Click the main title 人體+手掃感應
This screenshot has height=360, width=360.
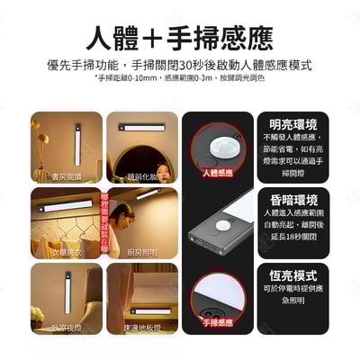[x=180, y=37]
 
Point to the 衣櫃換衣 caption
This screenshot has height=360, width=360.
[x=66, y=252]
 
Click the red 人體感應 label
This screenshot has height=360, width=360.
[x=216, y=171]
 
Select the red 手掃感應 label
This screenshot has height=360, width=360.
[x=216, y=321]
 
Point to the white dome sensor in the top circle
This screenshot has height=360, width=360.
[x=216, y=144]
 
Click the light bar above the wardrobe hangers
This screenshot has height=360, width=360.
[x=63, y=205]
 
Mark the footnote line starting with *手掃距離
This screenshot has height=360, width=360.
[x=180, y=78]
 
